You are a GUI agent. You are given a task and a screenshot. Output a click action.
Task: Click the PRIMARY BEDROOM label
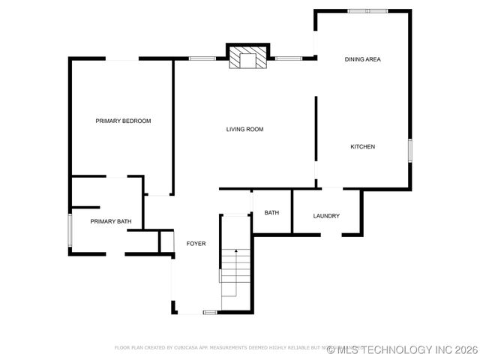coord(123,121)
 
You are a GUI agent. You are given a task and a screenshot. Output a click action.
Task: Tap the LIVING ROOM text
coord(244,129)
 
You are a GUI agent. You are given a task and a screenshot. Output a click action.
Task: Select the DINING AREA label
coord(363,58)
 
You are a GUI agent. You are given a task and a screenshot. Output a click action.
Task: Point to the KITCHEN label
coord(362,146)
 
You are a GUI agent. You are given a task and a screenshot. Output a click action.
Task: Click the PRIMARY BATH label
coord(111,221)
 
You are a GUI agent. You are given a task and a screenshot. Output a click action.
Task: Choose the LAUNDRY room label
coord(326,216)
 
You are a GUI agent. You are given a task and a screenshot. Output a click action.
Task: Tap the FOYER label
coord(196,243)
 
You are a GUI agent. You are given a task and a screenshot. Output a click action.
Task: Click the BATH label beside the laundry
coord(271,212)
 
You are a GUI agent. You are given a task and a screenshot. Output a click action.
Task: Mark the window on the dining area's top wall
coord(367,10)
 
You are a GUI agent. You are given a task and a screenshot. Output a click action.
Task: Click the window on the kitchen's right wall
coord(410,149)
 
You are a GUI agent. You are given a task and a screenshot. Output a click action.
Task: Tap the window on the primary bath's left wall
coord(70,229)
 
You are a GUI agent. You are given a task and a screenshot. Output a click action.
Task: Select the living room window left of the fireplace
coord(202,58)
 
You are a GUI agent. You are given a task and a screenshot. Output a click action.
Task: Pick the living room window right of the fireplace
coord(287,58)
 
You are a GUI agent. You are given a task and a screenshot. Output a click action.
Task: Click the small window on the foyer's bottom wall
coord(209,312)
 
